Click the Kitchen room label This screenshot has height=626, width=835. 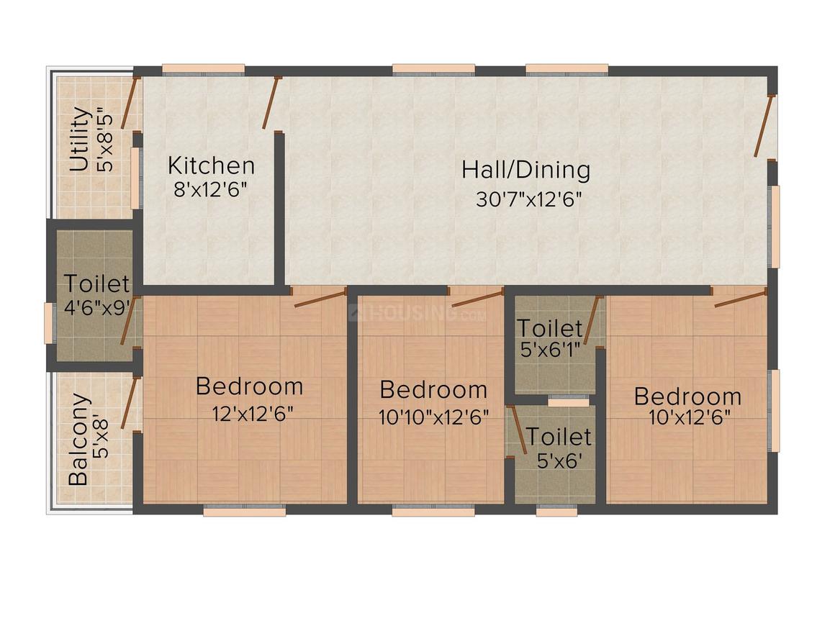click(211, 165)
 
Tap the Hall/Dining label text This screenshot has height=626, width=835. click(526, 170)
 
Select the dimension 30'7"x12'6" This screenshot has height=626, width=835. click(528, 199)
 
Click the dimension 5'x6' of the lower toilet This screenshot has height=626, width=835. click(559, 461)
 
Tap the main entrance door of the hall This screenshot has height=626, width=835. click(763, 125)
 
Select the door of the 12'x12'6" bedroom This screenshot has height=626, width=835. click(320, 299)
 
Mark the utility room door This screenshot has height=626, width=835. click(130, 103)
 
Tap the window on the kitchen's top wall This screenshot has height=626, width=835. click(203, 70)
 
